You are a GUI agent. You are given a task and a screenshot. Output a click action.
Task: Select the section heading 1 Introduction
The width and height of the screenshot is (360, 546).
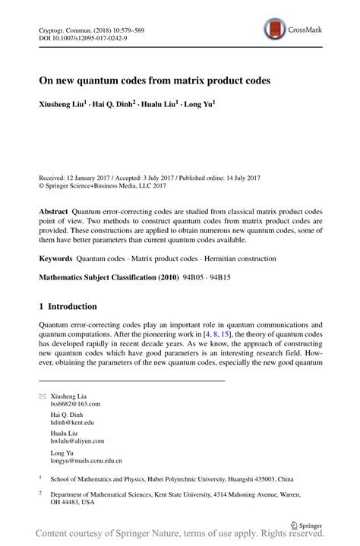click(x=68, y=307)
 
